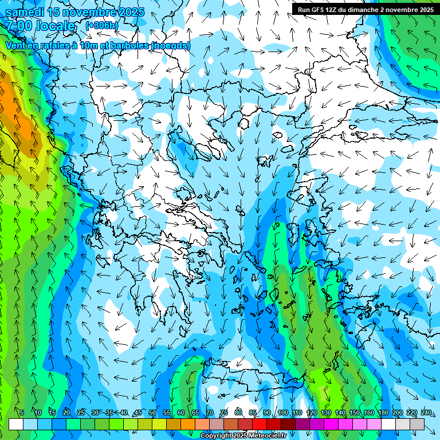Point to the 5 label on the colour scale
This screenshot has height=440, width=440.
tap(22, 413)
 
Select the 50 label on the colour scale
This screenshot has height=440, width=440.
tap(152, 413)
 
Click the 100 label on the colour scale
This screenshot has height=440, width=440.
tap(282, 413)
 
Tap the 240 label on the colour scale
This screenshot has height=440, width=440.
tap(426, 413)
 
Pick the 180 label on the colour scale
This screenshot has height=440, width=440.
tap(383, 413)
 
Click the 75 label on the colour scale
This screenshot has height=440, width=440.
tap(225, 413)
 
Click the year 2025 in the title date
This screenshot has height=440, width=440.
tap(131, 12)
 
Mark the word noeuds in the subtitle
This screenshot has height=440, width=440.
tap(170, 45)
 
